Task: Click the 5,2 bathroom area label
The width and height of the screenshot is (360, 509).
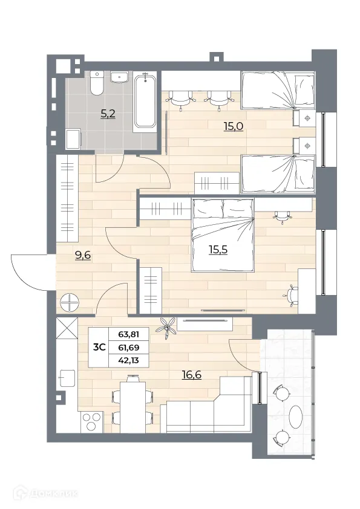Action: pyautogui.click(x=106, y=112)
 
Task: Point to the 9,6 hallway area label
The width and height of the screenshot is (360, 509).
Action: pyautogui.click(x=82, y=255)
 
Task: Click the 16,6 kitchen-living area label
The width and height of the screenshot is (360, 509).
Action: pyautogui.click(x=191, y=375)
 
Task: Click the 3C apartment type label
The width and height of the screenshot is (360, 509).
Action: pyautogui.click(x=100, y=347)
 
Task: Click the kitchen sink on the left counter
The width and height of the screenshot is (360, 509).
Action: pyautogui.click(x=66, y=378)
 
